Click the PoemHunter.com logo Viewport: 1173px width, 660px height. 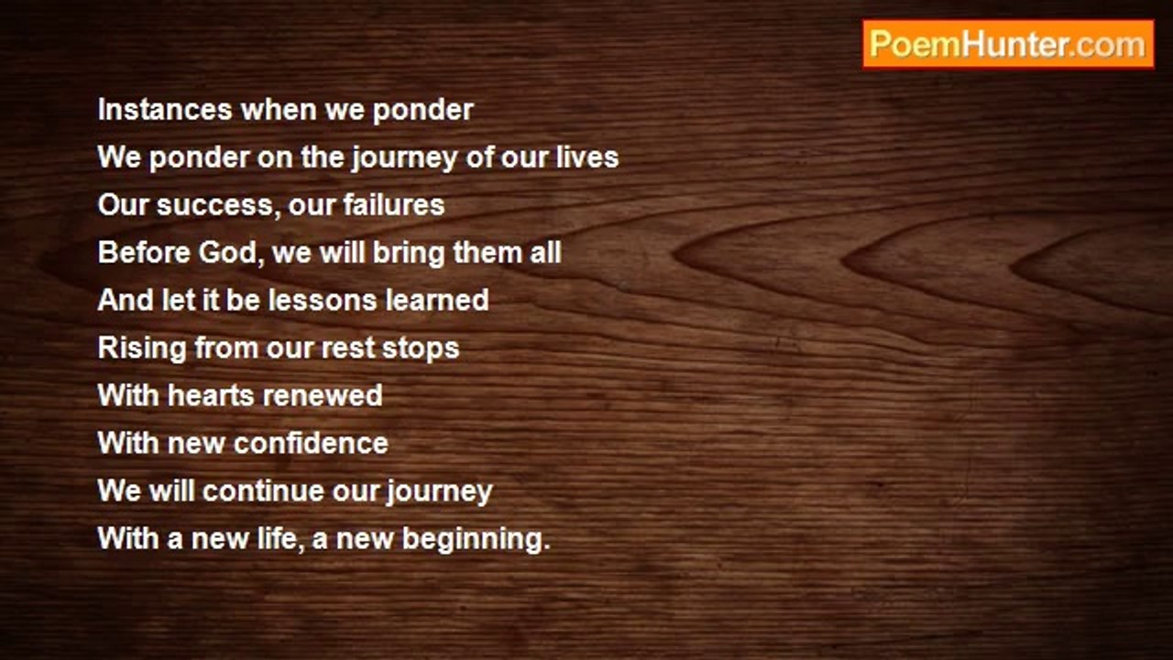(1008, 45)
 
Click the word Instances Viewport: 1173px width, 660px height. (165, 110)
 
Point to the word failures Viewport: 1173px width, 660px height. (394, 204)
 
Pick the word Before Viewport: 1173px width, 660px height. (144, 252)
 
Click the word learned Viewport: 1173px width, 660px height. (437, 300)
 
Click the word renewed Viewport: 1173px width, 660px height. (323, 395)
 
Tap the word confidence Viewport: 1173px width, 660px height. (311, 443)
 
